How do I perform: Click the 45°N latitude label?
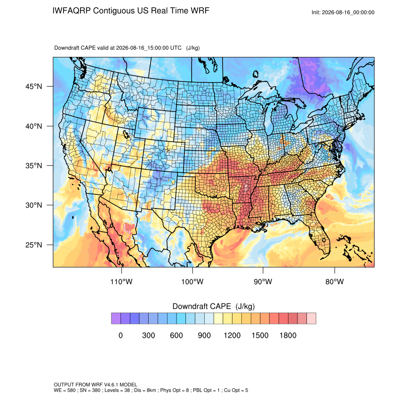coord(33,87)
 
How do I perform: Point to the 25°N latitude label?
coord(33,245)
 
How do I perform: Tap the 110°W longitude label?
coord(121,281)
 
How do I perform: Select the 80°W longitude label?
coord(335,281)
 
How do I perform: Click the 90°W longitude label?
coord(263,281)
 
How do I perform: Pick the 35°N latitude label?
coord(33,166)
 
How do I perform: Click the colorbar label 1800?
coord(288,335)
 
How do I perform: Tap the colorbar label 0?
coord(120,335)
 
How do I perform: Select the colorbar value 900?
coord(204,335)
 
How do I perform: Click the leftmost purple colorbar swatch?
coord(116,319)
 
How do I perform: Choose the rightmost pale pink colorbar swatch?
coord(311,319)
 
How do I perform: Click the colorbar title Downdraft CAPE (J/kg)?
coord(214,306)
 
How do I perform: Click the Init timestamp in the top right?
coord(343,12)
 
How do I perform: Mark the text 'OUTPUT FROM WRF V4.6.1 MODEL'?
coord(96,384)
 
